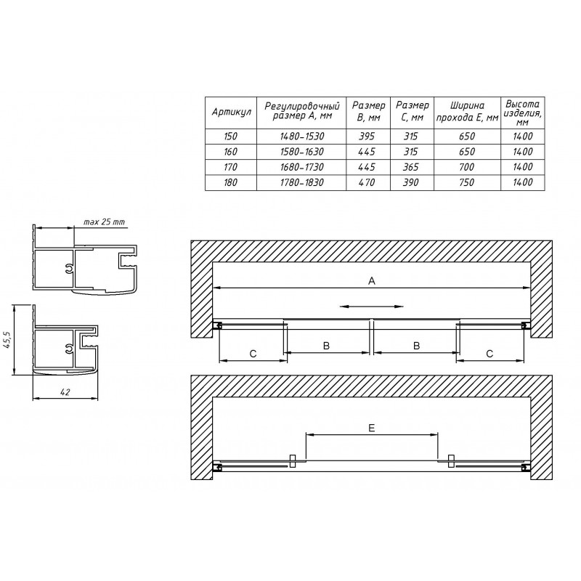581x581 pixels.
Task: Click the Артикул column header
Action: click(231, 113)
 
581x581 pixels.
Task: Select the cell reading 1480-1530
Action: click(302, 137)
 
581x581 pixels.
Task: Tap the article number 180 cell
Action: click(230, 183)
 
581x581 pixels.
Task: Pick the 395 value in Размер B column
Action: click(367, 137)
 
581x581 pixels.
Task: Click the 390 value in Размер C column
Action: click(411, 183)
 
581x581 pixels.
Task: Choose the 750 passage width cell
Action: click(467, 183)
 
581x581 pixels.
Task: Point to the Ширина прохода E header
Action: click(467, 112)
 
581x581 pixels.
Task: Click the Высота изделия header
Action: click(523, 113)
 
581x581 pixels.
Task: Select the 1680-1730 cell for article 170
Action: click(302, 167)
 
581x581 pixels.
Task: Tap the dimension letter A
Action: click(372, 281)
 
